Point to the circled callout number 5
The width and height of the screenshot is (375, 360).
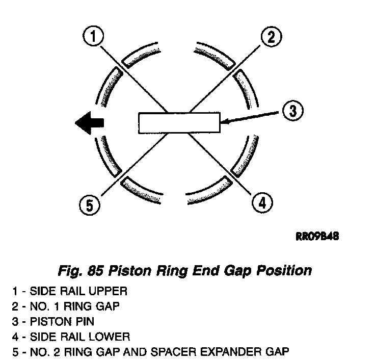point(89,205)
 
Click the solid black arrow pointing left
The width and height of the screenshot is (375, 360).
point(89,123)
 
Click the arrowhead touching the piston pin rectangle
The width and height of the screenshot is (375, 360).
point(225,121)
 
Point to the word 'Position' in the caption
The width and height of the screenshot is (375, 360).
point(286,270)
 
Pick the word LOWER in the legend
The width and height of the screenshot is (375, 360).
point(111,337)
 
